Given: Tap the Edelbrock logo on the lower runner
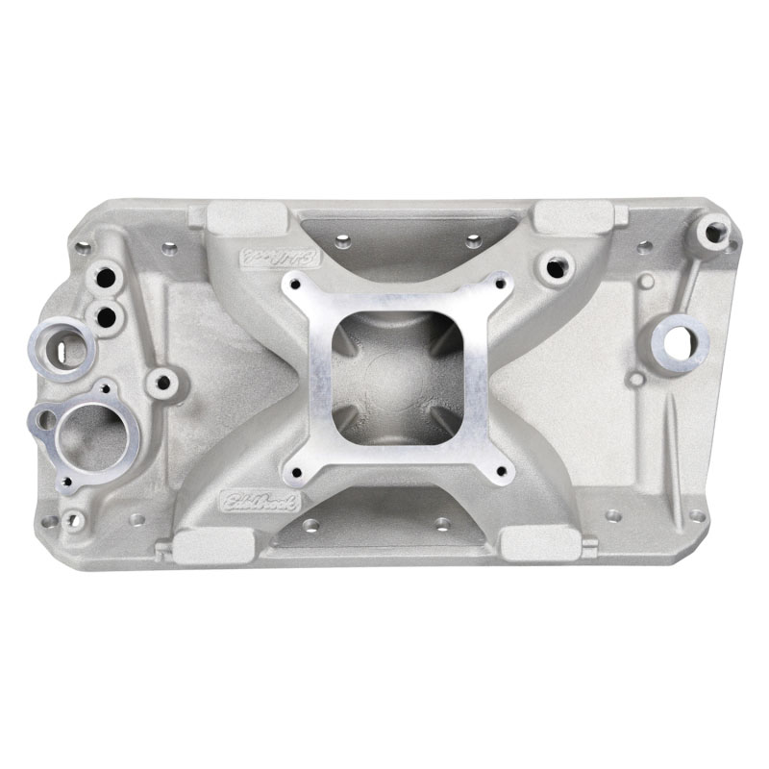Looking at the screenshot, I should click(260, 501).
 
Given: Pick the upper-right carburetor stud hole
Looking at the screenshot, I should click(499, 283).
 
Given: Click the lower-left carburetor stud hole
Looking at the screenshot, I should click(296, 471).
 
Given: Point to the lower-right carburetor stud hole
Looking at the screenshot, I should click(498, 471).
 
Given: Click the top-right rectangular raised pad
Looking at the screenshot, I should click(573, 216).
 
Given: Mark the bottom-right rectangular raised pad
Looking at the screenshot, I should click(539, 544).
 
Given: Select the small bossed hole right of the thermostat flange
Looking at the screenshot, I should click(163, 382).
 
